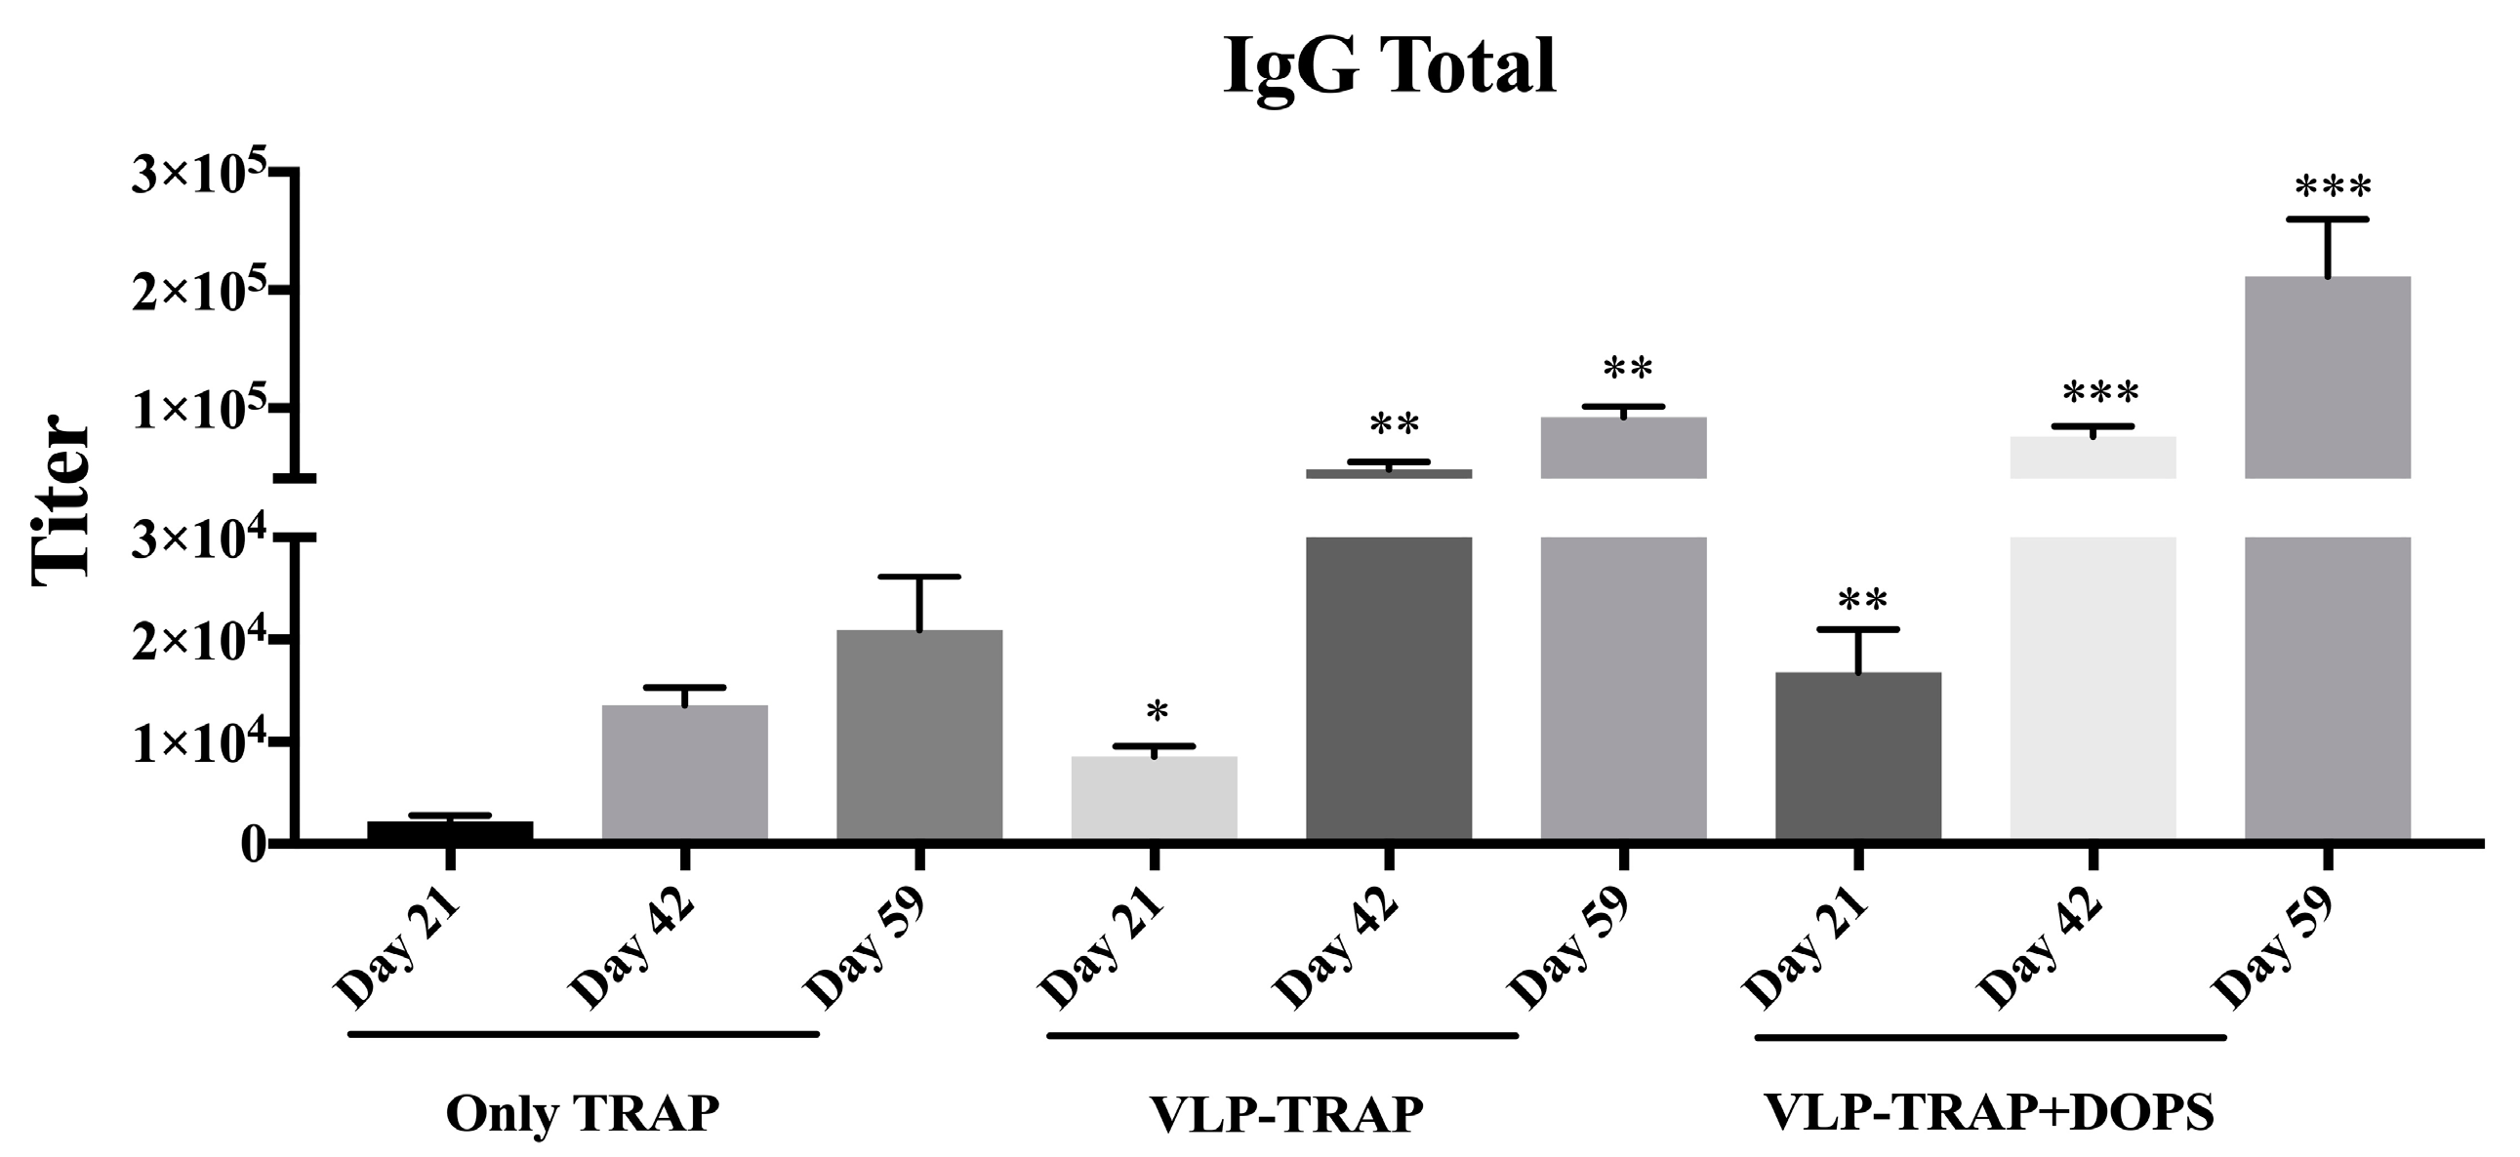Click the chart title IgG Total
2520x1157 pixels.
[x=1389, y=66]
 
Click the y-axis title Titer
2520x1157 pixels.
[x=61, y=500]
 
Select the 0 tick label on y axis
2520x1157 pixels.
[x=254, y=843]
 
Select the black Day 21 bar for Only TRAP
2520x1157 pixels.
[x=450, y=830]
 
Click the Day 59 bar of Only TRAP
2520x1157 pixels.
[x=918, y=734]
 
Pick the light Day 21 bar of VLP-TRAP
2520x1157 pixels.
[x=1154, y=797]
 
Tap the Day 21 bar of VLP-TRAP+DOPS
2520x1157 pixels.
[x=1857, y=755]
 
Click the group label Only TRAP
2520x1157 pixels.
[x=582, y=1113]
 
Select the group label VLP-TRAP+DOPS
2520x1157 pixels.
[x=1989, y=1112]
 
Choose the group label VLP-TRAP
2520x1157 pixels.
[x=1285, y=1114]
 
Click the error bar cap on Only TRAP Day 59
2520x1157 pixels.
[x=918, y=577]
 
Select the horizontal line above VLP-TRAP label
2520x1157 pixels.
[x=1281, y=1035]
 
